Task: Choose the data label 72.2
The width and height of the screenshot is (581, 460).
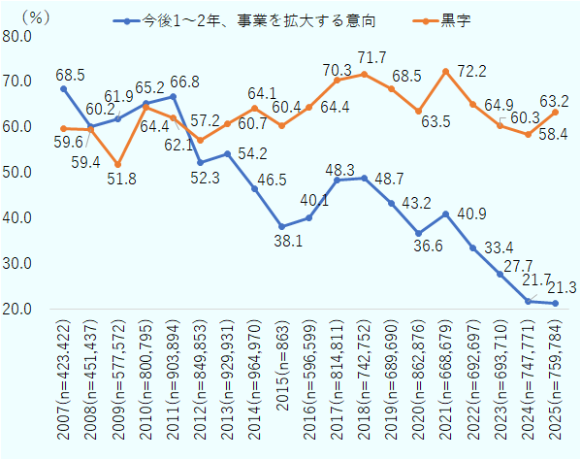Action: pos(472,73)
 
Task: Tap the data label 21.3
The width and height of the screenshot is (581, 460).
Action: pos(561,286)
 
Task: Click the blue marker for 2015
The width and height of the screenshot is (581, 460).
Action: pos(281,226)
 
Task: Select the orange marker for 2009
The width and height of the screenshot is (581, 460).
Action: pos(118,164)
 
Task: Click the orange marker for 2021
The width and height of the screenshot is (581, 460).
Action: pos(445,72)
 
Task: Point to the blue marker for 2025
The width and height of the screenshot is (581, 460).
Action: pos(555,303)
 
